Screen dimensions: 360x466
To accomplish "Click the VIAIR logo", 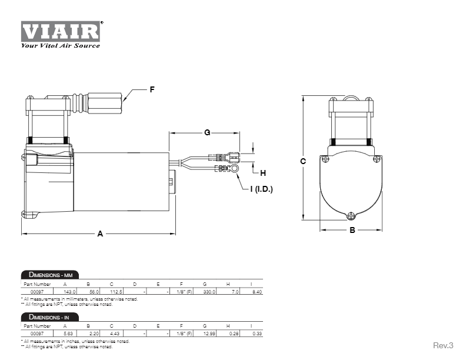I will coord(62,31).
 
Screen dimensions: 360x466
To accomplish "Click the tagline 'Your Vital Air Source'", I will coord(60,45).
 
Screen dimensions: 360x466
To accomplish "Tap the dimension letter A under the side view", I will coord(100,234).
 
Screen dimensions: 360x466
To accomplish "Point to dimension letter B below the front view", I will coord(352,230).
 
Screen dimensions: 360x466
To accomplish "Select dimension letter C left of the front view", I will coord(302,161).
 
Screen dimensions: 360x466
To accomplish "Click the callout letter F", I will coord(152,89).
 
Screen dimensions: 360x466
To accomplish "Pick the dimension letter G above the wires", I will coord(207,133).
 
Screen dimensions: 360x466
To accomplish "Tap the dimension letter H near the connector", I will coord(263,173).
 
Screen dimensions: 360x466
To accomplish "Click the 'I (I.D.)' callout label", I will coord(260,189).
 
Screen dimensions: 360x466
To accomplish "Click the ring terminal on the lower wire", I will coord(235,169).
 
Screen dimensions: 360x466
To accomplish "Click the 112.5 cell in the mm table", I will coord(116,291).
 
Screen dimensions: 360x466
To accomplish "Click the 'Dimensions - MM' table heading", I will coord(49,275).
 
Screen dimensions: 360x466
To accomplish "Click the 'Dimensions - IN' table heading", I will coord(48,317).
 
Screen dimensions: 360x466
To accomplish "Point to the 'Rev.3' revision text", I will coord(444,345).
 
